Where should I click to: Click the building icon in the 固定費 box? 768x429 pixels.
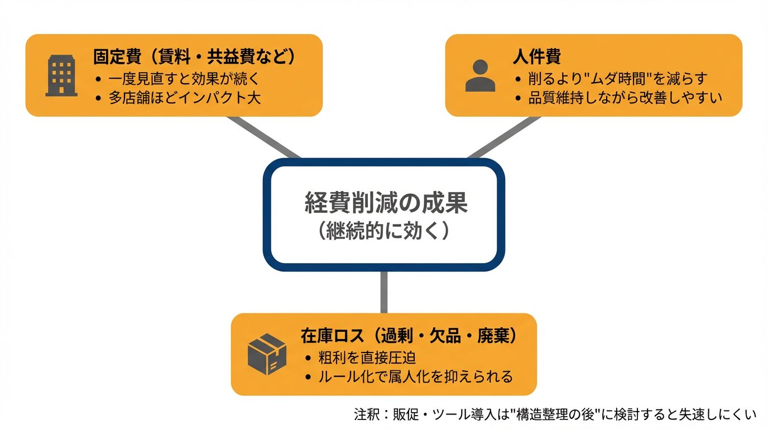[61, 75]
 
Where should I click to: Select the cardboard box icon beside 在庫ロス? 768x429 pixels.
[267, 354]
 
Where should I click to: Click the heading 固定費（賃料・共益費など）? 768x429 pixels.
[194, 57]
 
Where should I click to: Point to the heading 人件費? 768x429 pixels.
[536, 57]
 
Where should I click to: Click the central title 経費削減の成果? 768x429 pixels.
[386, 203]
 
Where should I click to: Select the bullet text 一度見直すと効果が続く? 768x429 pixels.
[184, 78]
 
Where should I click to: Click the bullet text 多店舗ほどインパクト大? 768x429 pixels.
[185, 98]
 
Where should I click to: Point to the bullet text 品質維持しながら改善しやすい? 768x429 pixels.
[625, 98]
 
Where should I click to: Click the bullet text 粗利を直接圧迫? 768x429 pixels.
[367, 357]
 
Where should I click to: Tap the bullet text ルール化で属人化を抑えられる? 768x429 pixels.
[415, 376]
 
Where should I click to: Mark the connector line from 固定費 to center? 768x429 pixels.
[263, 137]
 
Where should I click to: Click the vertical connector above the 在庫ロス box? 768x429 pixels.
[384, 292]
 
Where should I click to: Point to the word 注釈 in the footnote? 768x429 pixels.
[366, 414]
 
